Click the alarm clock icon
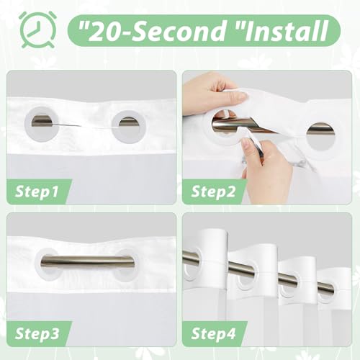(37, 30)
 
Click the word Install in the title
(287, 32)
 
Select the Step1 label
(37, 192)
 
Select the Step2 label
(213, 192)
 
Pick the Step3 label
(37, 334)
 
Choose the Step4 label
(214, 334)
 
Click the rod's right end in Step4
(333, 289)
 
